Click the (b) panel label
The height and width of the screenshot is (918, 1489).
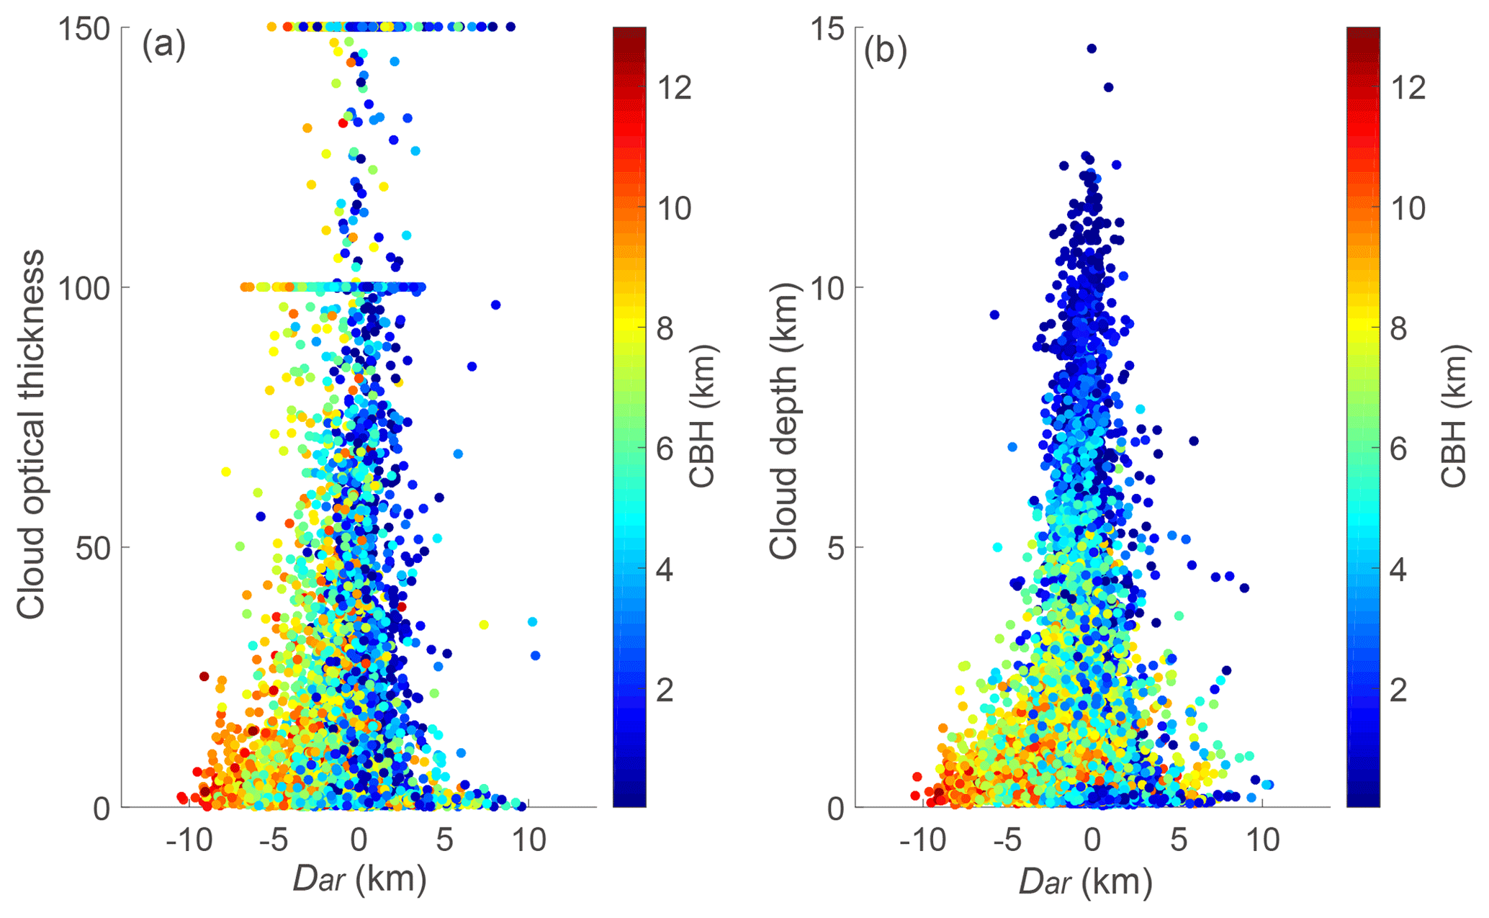885,52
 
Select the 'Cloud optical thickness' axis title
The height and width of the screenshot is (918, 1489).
32,434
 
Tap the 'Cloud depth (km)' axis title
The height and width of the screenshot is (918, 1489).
784,420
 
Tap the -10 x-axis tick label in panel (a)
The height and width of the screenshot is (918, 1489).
189,840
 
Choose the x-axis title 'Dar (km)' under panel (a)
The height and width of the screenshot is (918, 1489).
359,880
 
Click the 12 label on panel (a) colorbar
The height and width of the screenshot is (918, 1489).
674,88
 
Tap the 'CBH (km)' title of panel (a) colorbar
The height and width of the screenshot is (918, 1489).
703,416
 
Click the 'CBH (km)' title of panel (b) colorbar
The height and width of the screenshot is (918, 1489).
1454,416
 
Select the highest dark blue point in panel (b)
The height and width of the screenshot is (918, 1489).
1092,49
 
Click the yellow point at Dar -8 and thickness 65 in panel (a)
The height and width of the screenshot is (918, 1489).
225,472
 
